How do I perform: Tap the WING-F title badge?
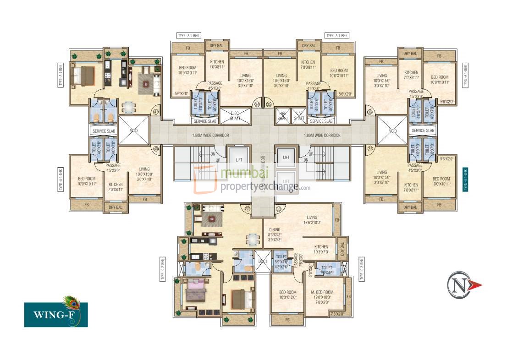[55, 315]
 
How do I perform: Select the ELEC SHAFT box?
[235, 116]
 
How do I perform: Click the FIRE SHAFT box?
[283, 116]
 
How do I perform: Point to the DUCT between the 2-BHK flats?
[263, 262]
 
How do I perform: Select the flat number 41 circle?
[156, 111]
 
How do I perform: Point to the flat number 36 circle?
[369, 111]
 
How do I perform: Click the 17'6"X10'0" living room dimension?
[312, 223]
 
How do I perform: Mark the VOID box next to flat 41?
[133, 131]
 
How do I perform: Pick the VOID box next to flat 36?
[392, 131]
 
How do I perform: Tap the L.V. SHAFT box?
[299, 116]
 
